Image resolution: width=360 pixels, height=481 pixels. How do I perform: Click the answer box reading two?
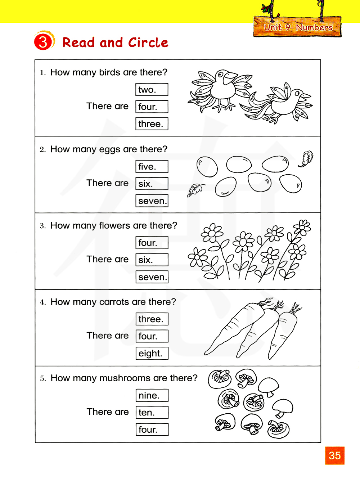pyautogui.click(x=152, y=90)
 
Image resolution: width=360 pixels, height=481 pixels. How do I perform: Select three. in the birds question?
pyautogui.click(x=152, y=124)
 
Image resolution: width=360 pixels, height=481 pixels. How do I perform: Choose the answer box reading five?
pyautogui.click(x=152, y=167)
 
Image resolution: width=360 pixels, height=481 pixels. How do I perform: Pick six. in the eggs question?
pyautogui.click(x=152, y=184)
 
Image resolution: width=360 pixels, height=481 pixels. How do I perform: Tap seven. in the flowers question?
pyautogui.click(x=152, y=277)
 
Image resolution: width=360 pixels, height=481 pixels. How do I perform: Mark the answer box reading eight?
pyautogui.click(x=152, y=354)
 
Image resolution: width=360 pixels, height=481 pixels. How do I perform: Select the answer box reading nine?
pyautogui.click(x=152, y=395)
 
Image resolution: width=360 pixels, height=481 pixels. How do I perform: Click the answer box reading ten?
pyautogui.click(x=152, y=413)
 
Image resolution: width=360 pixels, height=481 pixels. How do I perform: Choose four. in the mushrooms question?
pyautogui.click(x=152, y=430)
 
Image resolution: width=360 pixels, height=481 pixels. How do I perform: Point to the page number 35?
pyautogui.click(x=335, y=455)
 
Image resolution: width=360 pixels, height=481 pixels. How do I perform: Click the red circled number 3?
pyautogui.click(x=43, y=42)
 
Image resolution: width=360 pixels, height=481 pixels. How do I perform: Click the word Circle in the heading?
pyautogui.click(x=148, y=42)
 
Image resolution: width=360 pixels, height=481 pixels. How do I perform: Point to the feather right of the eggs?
pyautogui.click(x=306, y=158)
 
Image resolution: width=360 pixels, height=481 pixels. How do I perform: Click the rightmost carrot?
pyautogui.click(x=284, y=331)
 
